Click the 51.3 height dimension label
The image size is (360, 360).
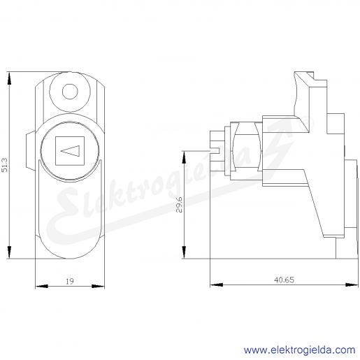click(5, 165)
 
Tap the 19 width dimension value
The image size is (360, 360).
click(70, 282)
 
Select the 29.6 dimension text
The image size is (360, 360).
click(179, 205)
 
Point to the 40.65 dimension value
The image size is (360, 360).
click(284, 280)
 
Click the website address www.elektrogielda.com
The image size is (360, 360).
click(299, 350)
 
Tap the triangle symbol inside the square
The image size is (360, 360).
click(70, 150)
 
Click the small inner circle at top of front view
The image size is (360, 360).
click(70, 92)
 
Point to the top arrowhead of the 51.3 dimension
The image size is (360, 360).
click(9, 78)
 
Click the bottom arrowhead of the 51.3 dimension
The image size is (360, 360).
click(9, 252)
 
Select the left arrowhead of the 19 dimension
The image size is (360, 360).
click(41, 286)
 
